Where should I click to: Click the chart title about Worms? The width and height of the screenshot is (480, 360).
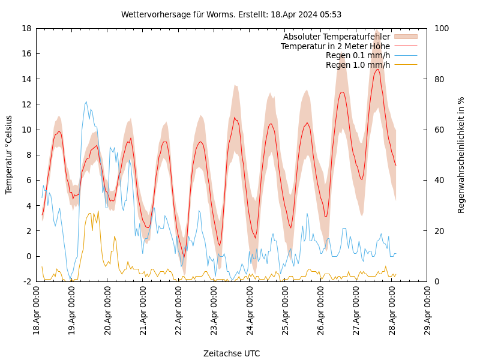click(x=231, y=14)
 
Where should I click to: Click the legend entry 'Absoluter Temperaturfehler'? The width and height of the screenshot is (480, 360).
click(x=336, y=37)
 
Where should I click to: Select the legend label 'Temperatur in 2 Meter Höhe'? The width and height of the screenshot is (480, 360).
click(x=335, y=46)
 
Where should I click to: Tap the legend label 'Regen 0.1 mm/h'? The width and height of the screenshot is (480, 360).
click(x=358, y=56)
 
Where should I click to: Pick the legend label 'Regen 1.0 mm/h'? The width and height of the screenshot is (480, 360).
click(x=358, y=65)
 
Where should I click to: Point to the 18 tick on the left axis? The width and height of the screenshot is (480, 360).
click(x=26, y=28)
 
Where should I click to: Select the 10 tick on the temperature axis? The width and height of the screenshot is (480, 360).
click(x=26, y=130)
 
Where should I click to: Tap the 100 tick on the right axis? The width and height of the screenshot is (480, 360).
click(x=442, y=28)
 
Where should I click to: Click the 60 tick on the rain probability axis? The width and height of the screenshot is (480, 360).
click(x=440, y=130)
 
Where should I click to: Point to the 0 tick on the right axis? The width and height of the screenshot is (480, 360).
click(x=437, y=281)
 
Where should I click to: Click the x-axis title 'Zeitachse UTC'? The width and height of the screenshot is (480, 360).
click(x=232, y=353)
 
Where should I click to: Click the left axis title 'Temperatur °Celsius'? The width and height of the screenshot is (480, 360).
click(x=9, y=155)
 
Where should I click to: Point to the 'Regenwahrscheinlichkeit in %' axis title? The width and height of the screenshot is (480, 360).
click(x=461, y=155)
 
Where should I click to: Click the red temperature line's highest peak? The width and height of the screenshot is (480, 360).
click(x=377, y=69)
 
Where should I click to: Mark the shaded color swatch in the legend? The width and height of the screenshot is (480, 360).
click(x=406, y=37)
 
